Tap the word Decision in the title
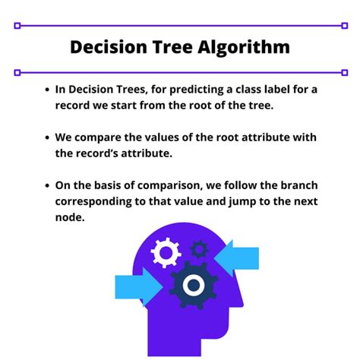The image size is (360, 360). (x=106, y=47)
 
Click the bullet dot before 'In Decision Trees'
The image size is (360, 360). (x=47, y=89)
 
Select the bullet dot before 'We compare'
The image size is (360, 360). (x=47, y=137)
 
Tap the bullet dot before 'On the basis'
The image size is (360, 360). (x=47, y=186)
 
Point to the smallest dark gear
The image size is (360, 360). (x=199, y=248)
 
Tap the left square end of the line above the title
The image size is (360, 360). (x=17, y=25)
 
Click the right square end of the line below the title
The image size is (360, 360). (x=344, y=72)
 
